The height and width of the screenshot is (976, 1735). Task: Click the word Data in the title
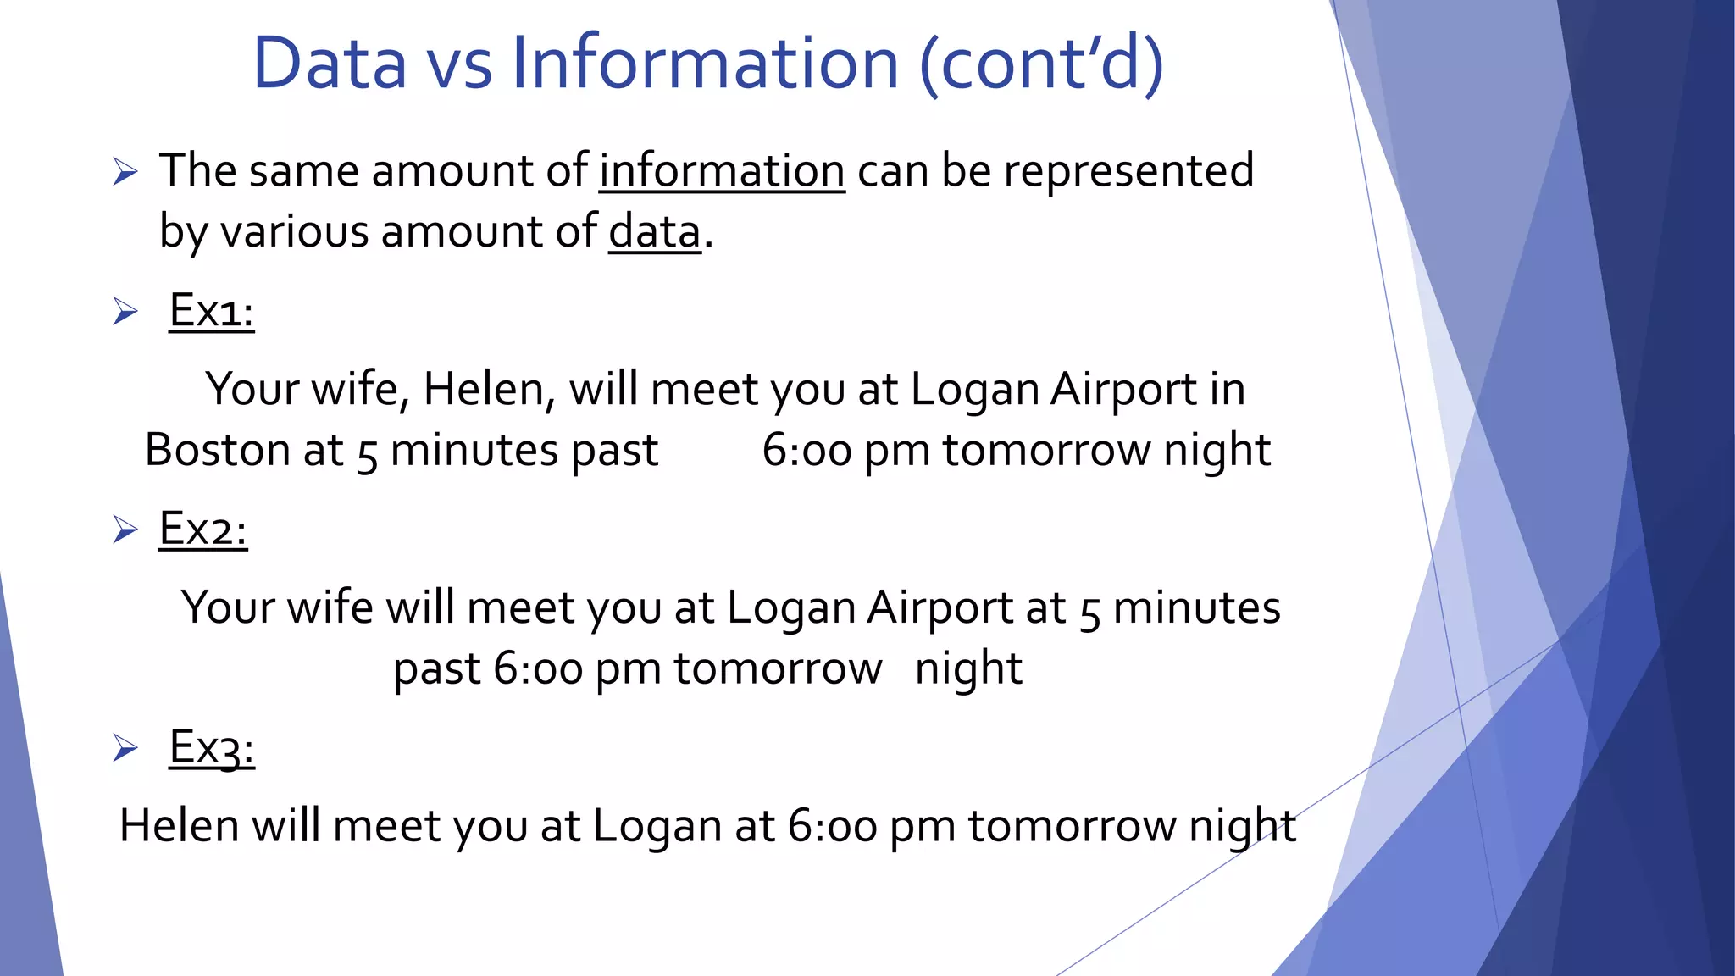click(x=330, y=64)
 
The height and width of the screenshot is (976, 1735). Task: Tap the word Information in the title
click(x=704, y=64)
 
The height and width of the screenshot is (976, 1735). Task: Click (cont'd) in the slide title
click(x=1041, y=64)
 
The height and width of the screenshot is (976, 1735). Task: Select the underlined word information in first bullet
click(x=722, y=171)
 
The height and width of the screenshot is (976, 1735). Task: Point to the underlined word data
click(x=655, y=232)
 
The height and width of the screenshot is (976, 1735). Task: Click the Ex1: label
click(x=211, y=311)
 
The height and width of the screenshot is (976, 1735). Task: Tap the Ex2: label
click(x=203, y=530)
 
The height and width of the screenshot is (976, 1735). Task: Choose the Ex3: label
click(x=212, y=748)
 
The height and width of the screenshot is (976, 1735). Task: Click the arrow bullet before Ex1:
click(x=125, y=312)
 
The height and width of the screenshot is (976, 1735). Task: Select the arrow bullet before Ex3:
click(x=125, y=749)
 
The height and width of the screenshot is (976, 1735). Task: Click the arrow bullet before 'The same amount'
click(x=125, y=173)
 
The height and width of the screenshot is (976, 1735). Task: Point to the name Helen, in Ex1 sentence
click(x=489, y=390)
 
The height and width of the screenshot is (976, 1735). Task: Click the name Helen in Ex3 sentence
click(x=179, y=826)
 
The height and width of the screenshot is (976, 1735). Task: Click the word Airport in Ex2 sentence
click(x=940, y=608)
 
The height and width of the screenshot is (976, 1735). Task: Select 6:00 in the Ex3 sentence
click(x=832, y=826)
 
